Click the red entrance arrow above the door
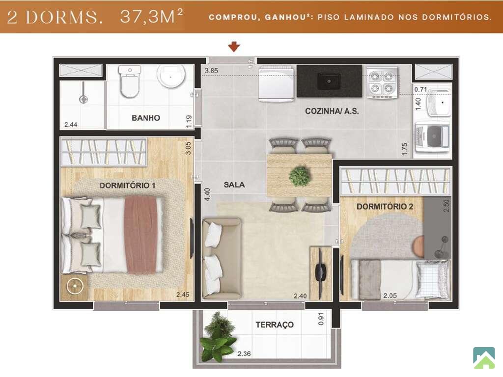(234, 47)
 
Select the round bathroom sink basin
(171, 76)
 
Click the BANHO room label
(146, 118)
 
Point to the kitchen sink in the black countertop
(329, 81)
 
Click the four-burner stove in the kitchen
(382, 82)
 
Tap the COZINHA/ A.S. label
(332, 111)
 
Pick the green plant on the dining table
(300, 176)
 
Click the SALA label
(234, 185)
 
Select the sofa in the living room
(222, 259)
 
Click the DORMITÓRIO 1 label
(127, 185)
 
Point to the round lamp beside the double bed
(75, 286)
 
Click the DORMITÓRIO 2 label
(385, 207)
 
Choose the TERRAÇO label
(275, 325)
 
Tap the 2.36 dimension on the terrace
(244, 354)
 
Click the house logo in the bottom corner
(484, 358)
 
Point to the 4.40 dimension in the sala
(207, 194)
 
